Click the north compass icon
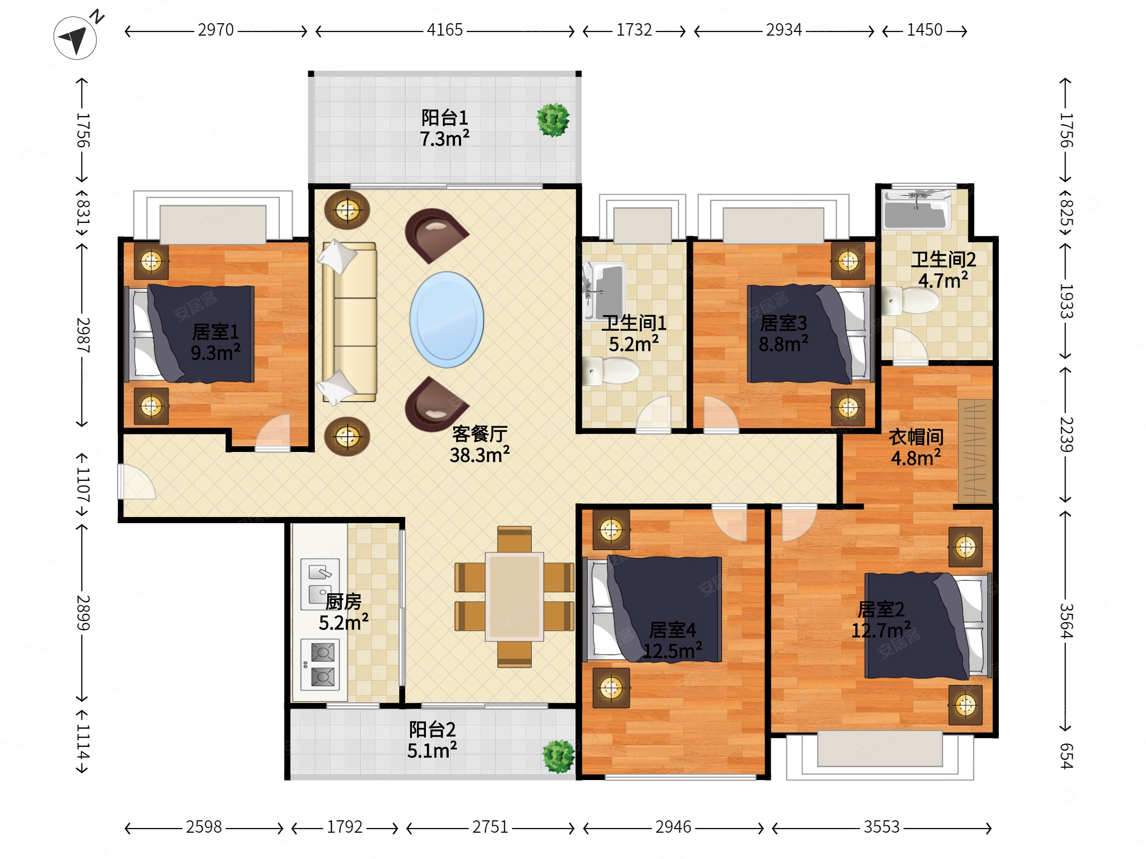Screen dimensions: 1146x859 76,37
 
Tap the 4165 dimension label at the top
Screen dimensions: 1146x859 444,30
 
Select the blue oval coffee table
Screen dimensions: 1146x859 447,319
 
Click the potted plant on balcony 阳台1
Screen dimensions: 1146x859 553,120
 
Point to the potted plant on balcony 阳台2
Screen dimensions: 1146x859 559,756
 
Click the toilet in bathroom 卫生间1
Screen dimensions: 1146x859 611,371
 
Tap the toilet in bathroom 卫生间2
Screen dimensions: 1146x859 910,300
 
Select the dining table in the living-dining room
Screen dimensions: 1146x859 515,596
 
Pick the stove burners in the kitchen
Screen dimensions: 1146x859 320,665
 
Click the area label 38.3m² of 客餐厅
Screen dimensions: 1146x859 479,455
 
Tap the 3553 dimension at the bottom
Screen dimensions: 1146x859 881,827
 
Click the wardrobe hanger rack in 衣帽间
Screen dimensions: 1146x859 975,450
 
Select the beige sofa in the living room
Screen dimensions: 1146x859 349,322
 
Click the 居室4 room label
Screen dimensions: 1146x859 673,630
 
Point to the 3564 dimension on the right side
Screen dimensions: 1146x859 1065,621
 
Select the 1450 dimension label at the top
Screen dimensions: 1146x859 924,30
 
